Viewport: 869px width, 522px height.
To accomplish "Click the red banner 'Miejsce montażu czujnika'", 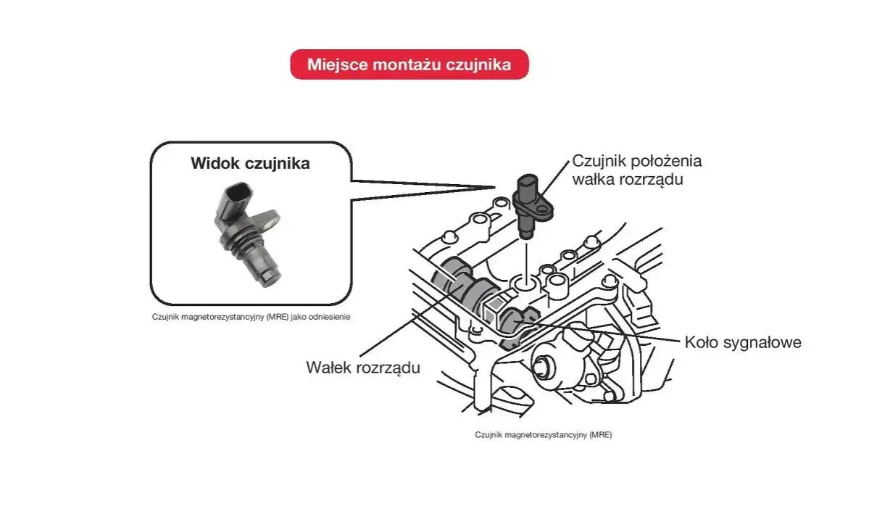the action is point(409,65).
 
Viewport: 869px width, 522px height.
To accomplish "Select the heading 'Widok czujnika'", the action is point(251,163).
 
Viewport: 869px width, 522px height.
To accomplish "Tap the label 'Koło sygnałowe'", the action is point(743,342).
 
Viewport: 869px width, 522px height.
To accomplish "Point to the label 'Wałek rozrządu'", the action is point(363,368).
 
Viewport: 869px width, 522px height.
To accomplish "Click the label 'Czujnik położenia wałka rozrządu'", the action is point(637,170).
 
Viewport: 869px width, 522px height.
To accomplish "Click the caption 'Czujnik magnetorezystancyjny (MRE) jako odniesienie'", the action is point(251,317).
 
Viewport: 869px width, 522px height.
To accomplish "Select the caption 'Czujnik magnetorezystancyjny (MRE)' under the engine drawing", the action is point(543,435).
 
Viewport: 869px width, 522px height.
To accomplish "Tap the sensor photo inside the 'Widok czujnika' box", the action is point(248,234).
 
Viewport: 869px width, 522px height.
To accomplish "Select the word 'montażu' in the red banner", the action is point(407,65).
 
